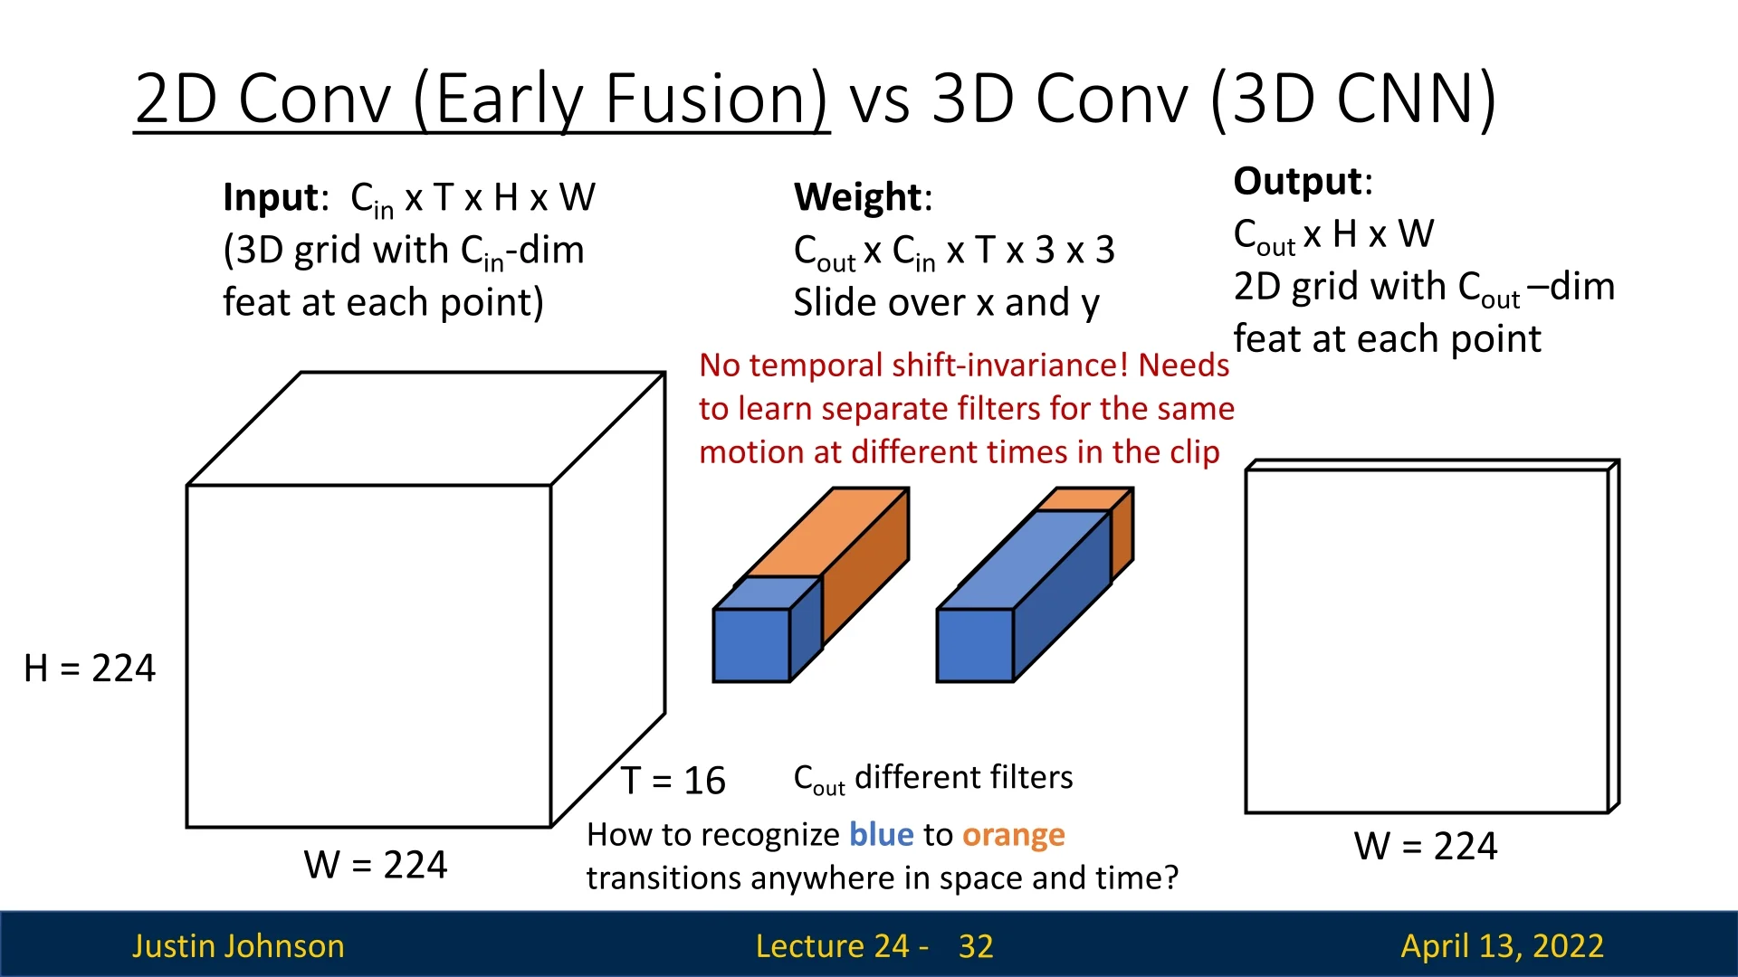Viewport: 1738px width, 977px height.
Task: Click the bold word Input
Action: [x=271, y=198]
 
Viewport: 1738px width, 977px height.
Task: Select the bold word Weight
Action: [x=857, y=198]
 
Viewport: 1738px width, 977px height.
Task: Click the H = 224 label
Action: [x=90, y=669]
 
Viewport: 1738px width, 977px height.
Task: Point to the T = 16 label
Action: [x=673, y=781]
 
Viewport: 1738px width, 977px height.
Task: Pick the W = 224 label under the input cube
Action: [x=376, y=866]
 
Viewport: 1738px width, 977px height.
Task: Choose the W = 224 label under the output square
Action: [x=1426, y=847]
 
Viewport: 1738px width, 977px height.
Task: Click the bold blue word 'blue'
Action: [x=882, y=834]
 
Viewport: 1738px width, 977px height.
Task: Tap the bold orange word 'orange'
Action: [x=1014, y=836]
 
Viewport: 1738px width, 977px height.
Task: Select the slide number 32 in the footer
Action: [x=976, y=946]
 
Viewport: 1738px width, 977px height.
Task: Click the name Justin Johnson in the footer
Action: [x=239, y=946]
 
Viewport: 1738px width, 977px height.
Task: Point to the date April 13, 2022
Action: [x=1503, y=946]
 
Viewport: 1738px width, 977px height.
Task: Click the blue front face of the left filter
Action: [x=751, y=645]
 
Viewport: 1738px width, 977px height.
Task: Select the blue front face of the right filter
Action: [x=975, y=645]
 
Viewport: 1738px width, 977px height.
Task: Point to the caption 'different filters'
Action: [x=964, y=777]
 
